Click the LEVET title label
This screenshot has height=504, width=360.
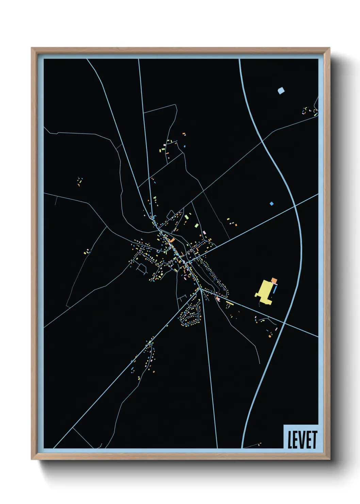[x=302, y=439]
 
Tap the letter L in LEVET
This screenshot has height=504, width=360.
[x=290, y=440]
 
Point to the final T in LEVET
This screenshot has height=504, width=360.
[x=314, y=440]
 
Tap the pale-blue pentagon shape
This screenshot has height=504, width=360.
[x=281, y=91]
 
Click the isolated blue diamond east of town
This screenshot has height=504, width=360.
[x=272, y=204]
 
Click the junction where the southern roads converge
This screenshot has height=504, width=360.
[x=201, y=289]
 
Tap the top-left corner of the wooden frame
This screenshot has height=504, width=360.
[x=32, y=48]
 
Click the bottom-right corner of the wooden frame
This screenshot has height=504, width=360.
[x=329, y=460]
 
